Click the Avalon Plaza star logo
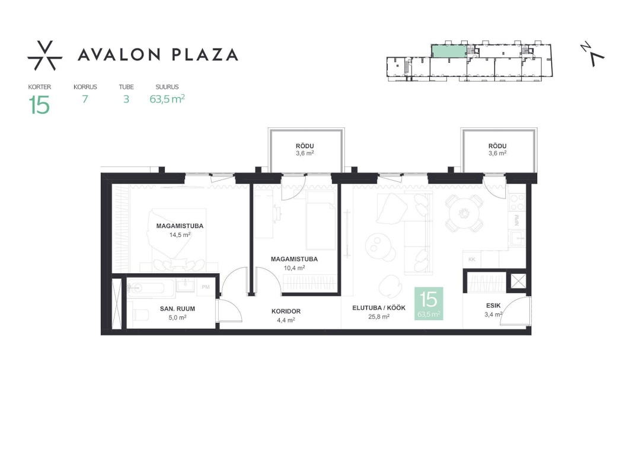tap(44, 56)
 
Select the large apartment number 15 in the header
tap(39, 105)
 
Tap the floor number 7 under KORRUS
tap(85, 99)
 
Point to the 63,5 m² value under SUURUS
tap(167, 99)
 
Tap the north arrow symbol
tap(592, 53)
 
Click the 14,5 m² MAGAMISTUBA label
tap(180, 230)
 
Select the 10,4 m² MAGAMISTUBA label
tap(294, 263)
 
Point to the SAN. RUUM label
tap(177, 313)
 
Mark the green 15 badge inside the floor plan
tap(429, 303)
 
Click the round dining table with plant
tap(464, 212)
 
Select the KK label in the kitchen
tap(472, 260)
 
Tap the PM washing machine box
tap(206, 287)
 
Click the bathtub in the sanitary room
tap(151, 287)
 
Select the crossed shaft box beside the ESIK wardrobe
tap(518, 281)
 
